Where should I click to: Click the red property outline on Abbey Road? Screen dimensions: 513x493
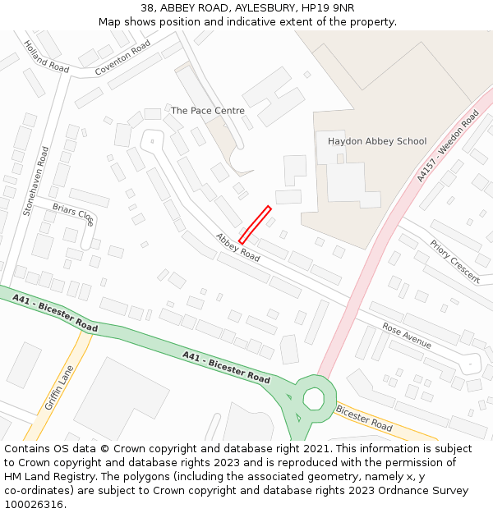pyautogui.click(x=255, y=224)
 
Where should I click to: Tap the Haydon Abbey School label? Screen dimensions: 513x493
pyautogui.click(x=377, y=141)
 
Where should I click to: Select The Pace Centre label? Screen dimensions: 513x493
pyautogui.click(x=207, y=110)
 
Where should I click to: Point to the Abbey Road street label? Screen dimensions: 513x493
pyautogui.click(x=237, y=247)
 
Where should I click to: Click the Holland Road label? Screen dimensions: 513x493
pyautogui.click(x=46, y=57)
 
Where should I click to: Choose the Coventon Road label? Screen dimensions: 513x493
pyautogui.click(x=122, y=60)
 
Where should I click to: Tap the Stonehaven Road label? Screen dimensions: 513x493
pyautogui.click(x=37, y=181)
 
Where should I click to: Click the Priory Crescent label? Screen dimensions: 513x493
pyautogui.click(x=454, y=261)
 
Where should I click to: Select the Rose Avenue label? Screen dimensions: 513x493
pyautogui.click(x=406, y=335)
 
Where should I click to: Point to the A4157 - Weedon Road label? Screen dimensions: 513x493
pyautogui.click(x=447, y=147)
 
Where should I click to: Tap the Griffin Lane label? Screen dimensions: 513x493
pyautogui.click(x=59, y=387)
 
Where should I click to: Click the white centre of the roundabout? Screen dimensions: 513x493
pyautogui.click(x=313, y=399)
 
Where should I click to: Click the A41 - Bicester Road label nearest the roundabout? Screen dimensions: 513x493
pyautogui.click(x=226, y=367)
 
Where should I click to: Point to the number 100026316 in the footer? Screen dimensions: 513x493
pyautogui.click(x=32, y=504)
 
